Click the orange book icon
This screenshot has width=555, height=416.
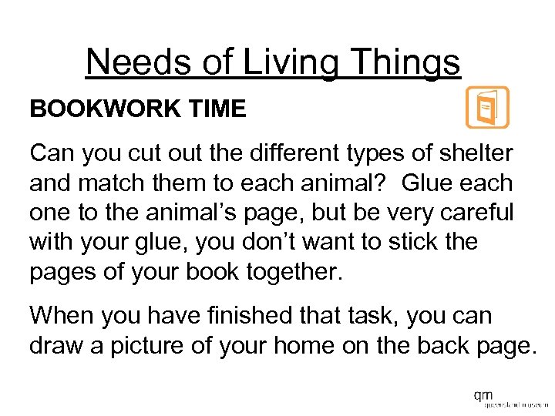[x=487, y=107]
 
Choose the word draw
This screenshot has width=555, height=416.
[x=55, y=345]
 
